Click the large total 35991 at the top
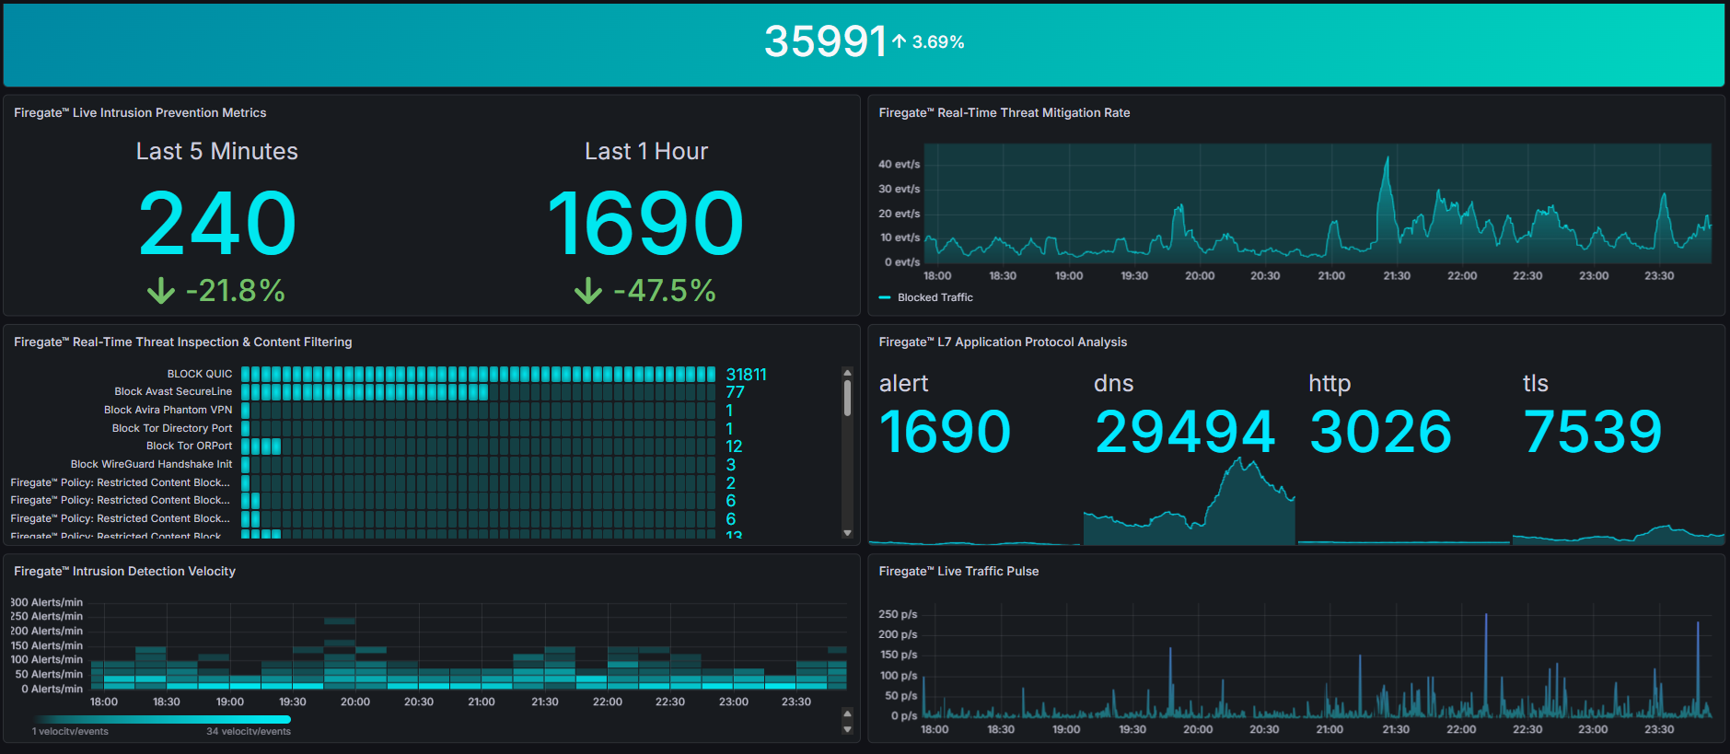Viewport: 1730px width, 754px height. pos(824,41)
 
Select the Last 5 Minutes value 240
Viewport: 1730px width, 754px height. pos(217,224)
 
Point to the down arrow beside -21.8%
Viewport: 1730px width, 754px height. pos(161,291)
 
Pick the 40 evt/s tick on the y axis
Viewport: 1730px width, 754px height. pos(899,165)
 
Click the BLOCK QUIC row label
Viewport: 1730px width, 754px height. pos(199,374)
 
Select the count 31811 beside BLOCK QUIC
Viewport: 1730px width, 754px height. pos(746,375)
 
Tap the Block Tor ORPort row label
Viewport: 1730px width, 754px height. pos(189,446)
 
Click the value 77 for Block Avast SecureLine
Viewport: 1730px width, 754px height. pos(735,392)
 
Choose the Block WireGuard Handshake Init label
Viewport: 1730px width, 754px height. pos(151,464)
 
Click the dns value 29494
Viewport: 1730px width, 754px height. pos(1184,432)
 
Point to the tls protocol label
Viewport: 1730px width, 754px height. pos(1535,383)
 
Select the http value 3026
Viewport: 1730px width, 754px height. pos(1380,432)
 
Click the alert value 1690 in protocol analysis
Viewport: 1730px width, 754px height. pos(945,432)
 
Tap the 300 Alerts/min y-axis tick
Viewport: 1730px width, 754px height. pos(47,602)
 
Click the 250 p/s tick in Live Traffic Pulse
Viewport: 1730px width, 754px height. pos(898,614)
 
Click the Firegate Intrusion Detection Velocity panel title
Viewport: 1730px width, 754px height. pos(124,572)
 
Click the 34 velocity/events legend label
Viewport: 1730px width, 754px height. pos(249,732)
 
